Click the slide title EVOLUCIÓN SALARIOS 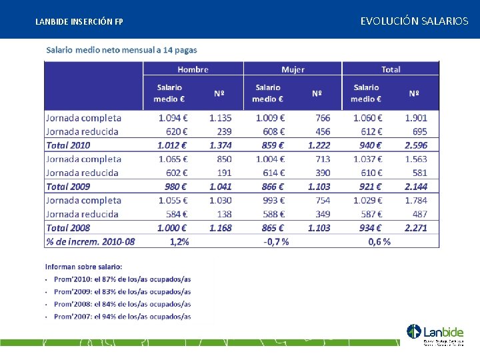[x=414, y=21]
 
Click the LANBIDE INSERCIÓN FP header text [x=79, y=22]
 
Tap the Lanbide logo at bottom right [x=435, y=334]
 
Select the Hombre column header [x=193, y=69]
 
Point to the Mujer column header [x=293, y=69]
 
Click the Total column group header [x=391, y=69]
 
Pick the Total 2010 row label [x=68, y=145]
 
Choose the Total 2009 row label [x=68, y=187]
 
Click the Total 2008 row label [x=68, y=228]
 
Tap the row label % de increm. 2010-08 [x=90, y=241]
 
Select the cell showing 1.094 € [x=173, y=118]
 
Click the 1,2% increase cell [x=179, y=241]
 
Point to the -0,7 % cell [x=276, y=241]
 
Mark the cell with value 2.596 [x=416, y=145]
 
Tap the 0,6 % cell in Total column [x=379, y=241]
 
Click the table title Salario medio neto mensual [x=121, y=50]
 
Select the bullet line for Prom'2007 [x=122, y=317]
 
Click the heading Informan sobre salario [x=83, y=267]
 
